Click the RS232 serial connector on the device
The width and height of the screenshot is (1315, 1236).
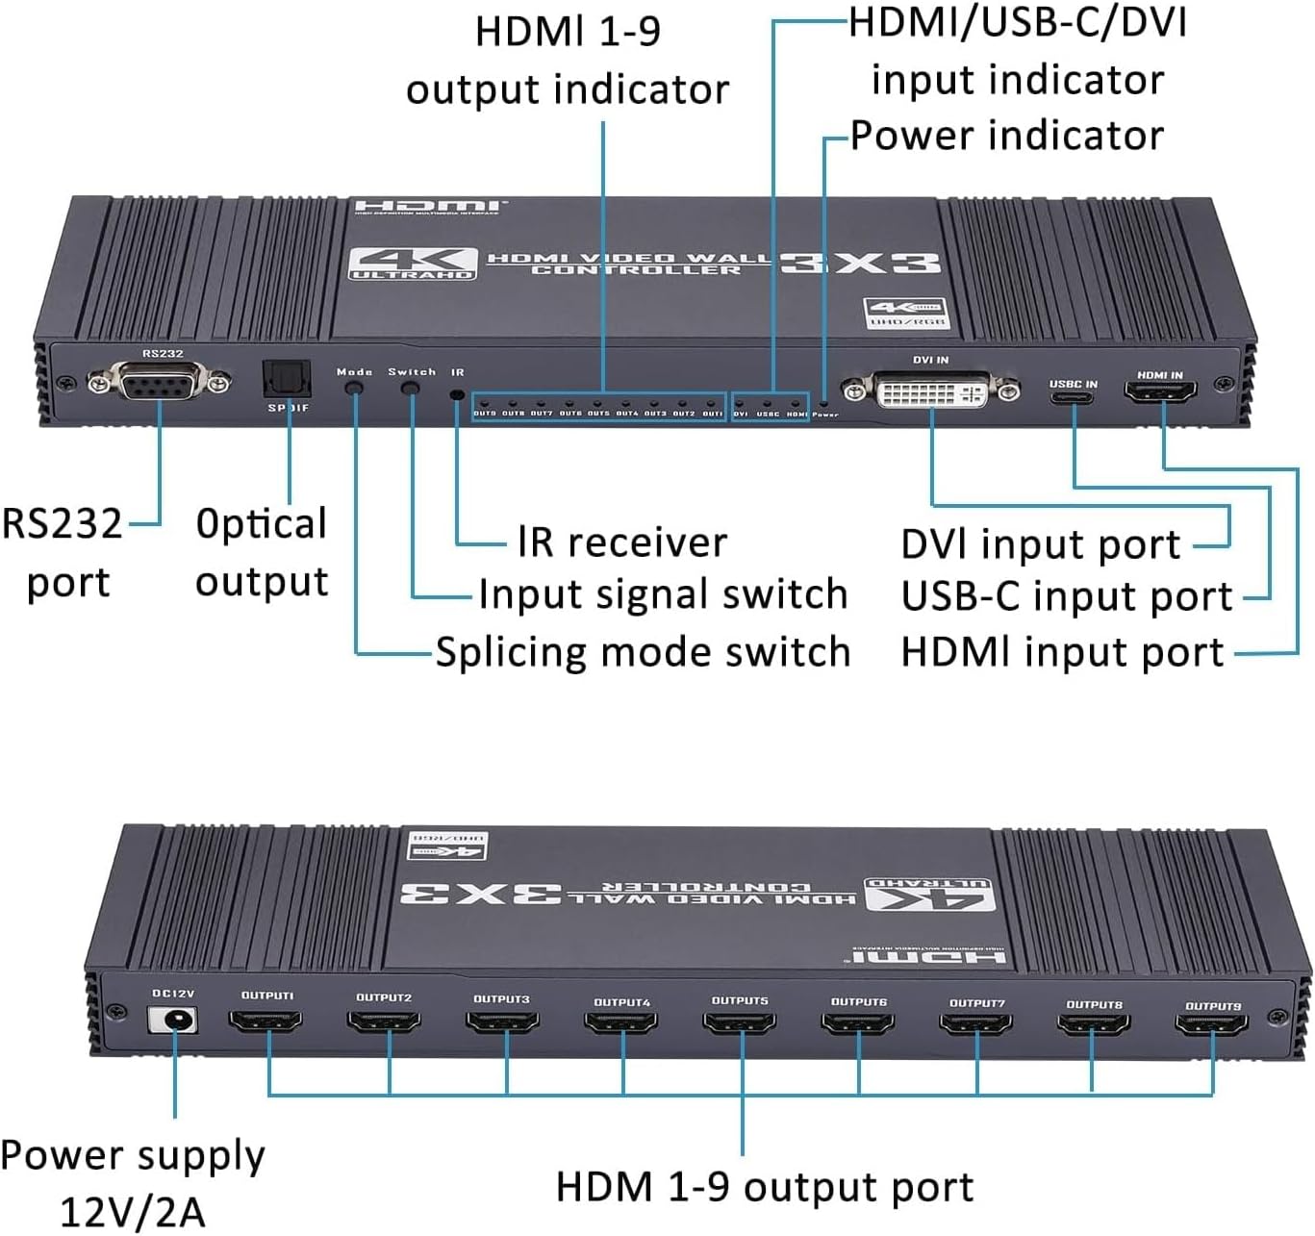coord(159,385)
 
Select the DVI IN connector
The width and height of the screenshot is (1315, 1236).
coord(931,391)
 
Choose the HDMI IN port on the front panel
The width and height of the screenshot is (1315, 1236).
coord(1161,391)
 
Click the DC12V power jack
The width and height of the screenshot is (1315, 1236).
coord(174,1020)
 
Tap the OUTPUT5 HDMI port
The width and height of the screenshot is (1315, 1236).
coord(740,1022)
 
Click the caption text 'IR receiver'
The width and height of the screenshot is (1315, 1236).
coord(621,542)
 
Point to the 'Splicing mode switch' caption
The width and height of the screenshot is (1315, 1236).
coord(643,652)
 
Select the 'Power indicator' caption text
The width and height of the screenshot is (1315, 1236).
coord(1007,136)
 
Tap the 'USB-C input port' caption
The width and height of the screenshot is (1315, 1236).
coord(1066,597)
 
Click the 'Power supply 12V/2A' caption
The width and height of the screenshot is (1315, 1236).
coord(133,1183)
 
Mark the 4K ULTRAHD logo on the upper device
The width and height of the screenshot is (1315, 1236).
coord(412,263)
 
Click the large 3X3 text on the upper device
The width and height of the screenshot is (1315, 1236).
coord(859,263)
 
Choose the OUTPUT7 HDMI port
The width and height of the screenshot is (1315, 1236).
coord(975,1024)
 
